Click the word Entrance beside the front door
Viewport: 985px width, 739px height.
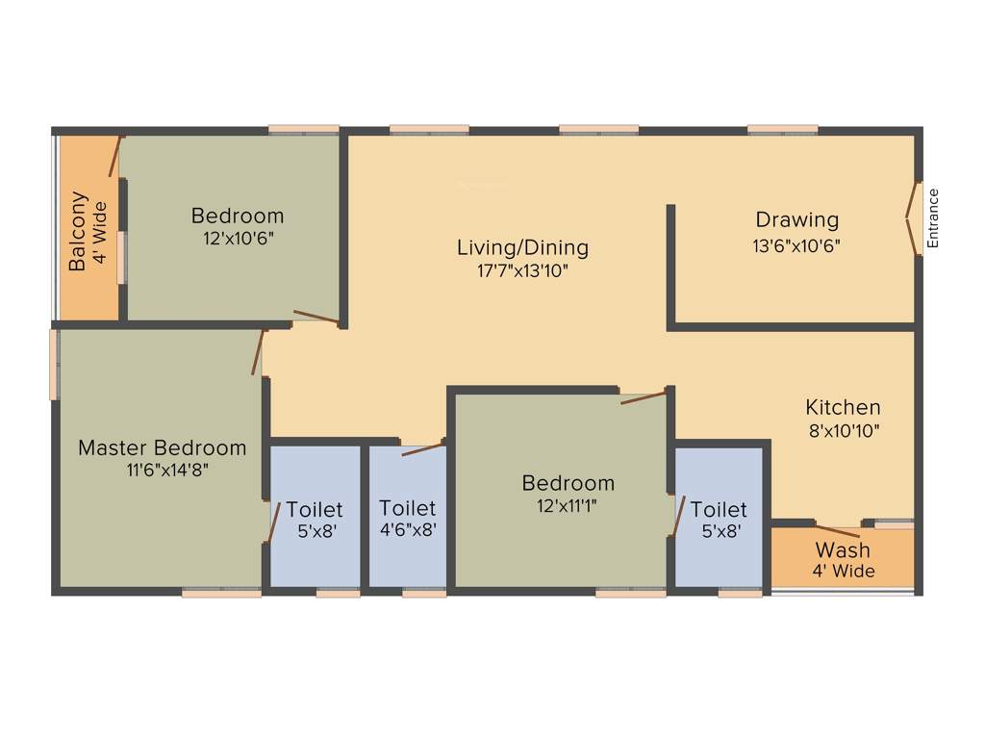click(932, 218)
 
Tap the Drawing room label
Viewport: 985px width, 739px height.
click(796, 220)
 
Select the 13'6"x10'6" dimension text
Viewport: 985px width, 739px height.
click(796, 245)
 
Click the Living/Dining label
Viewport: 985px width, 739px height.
click(522, 247)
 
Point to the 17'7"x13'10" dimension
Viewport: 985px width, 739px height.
click(522, 271)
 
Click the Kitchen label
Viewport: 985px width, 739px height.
click(843, 407)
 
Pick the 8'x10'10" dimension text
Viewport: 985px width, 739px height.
click(843, 430)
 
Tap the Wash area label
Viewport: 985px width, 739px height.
click(843, 550)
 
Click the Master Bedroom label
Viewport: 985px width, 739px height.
click(162, 447)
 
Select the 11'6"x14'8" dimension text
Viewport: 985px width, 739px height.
click(162, 470)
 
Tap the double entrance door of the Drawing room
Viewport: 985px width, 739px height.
click(912, 218)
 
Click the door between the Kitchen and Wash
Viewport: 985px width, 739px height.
click(837, 530)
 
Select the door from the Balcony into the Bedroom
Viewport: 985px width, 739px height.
click(116, 156)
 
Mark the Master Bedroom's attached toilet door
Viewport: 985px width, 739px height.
click(272, 522)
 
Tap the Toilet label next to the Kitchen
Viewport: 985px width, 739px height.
click(718, 509)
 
